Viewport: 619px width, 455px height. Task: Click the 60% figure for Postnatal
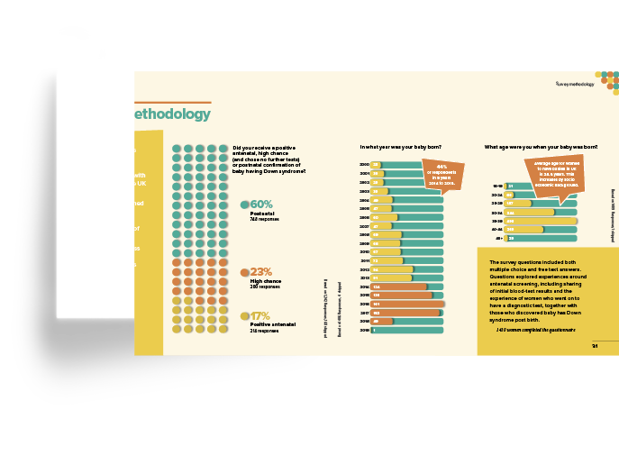pos(261,205)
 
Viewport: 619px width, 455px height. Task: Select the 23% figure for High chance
pos(261,271)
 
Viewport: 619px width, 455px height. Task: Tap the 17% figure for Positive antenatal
pos(260,316)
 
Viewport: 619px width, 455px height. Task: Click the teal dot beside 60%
pos(244,205)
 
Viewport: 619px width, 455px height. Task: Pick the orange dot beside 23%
pos(244,271)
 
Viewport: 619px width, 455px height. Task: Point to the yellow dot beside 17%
pos(244,316)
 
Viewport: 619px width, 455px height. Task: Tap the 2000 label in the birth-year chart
pos(364,165)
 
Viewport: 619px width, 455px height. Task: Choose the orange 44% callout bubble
pos(442,173)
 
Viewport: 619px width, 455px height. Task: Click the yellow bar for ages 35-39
pos(541,221)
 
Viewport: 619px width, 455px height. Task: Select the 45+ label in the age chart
pos(497,239)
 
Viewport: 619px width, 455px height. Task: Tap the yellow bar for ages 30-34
pos(530,213)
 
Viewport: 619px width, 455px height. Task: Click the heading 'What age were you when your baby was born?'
pos(541,146)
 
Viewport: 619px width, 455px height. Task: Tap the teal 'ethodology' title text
pos(172,114)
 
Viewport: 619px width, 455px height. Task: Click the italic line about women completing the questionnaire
pos(532,332)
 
